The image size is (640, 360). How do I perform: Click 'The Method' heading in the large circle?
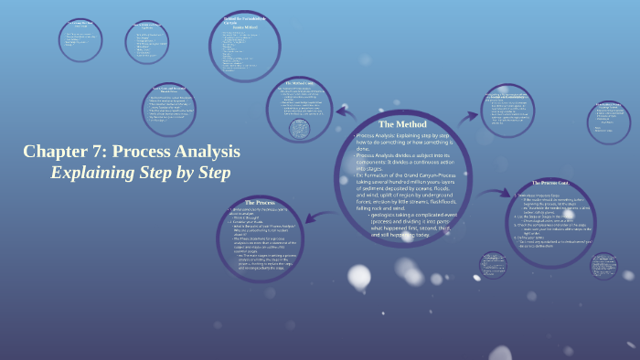tap(401, 123)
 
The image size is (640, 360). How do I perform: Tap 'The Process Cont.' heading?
tap(549, 184)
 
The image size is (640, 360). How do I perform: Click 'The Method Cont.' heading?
tap(299, 82)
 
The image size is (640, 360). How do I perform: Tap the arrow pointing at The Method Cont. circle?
tap(346, 113)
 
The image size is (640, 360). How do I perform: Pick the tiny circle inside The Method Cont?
tap(299, 129)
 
